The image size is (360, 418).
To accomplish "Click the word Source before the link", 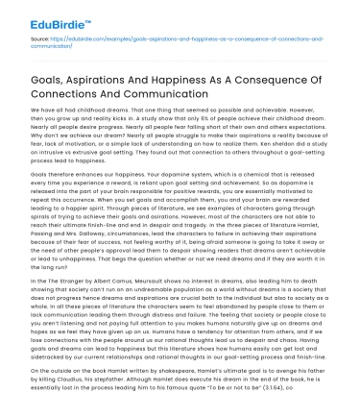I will pos(25,38).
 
